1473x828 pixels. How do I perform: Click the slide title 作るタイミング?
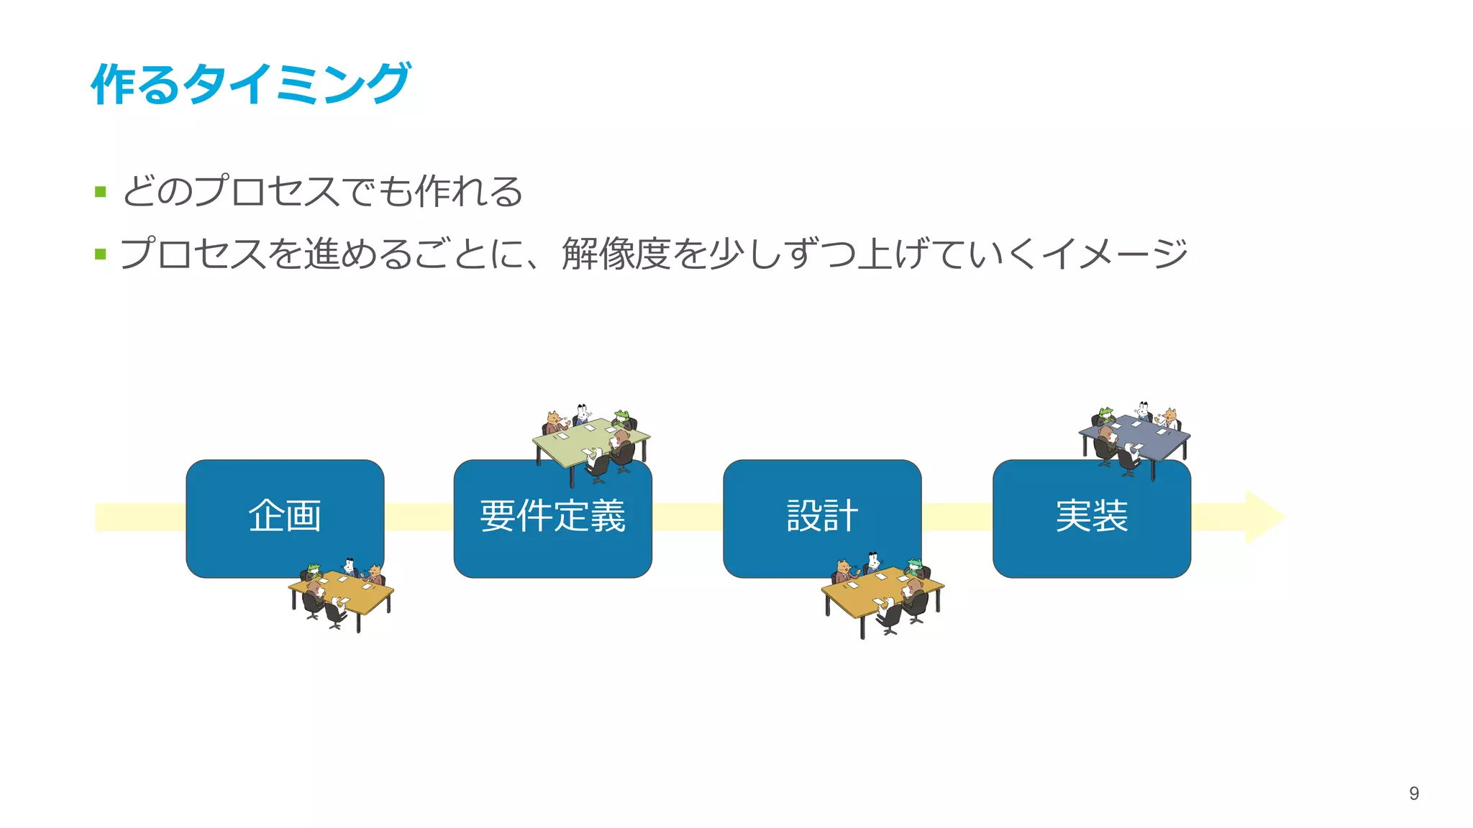(x=250, y=84)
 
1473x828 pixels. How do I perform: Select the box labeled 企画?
(x=285, y=517)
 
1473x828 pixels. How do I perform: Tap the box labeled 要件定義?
(x=552, y=517)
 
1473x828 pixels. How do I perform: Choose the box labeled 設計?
(x=822, y=517)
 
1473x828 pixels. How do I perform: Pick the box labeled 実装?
(x=1091, y=517)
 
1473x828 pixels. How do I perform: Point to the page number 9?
(x=1413, y=793)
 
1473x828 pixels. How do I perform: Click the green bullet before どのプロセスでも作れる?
(x=101, y=192)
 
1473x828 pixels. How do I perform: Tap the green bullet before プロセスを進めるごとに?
(x=101, y=254)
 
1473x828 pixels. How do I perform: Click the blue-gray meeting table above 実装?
(x=1135, y=436)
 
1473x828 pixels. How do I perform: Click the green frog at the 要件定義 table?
(x=622, y=416)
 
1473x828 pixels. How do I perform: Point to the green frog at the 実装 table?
(x=1105, y=413)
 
